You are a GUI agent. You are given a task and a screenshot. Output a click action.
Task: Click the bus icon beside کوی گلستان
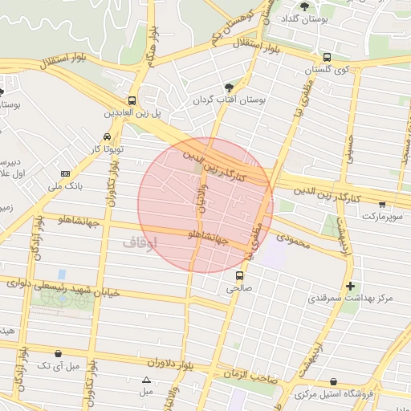click(327, 57)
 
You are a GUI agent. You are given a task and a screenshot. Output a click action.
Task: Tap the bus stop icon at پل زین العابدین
click(132, 101)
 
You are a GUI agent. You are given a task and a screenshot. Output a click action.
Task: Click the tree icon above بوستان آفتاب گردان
click(230, 87)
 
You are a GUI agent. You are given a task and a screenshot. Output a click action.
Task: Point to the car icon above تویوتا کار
click(108, 137)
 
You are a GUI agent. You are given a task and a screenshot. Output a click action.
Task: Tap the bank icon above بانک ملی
click(65, 174)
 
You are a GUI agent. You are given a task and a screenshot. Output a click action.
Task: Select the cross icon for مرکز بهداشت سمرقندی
click(349, 286)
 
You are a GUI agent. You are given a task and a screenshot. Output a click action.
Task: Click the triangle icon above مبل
click(146, 380)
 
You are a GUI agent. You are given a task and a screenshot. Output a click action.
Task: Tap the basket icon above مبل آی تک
click(58, 353)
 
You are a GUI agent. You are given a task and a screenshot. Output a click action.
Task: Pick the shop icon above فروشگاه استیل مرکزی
click(332, 382)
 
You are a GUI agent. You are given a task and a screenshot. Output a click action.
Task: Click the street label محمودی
click(293, 238)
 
